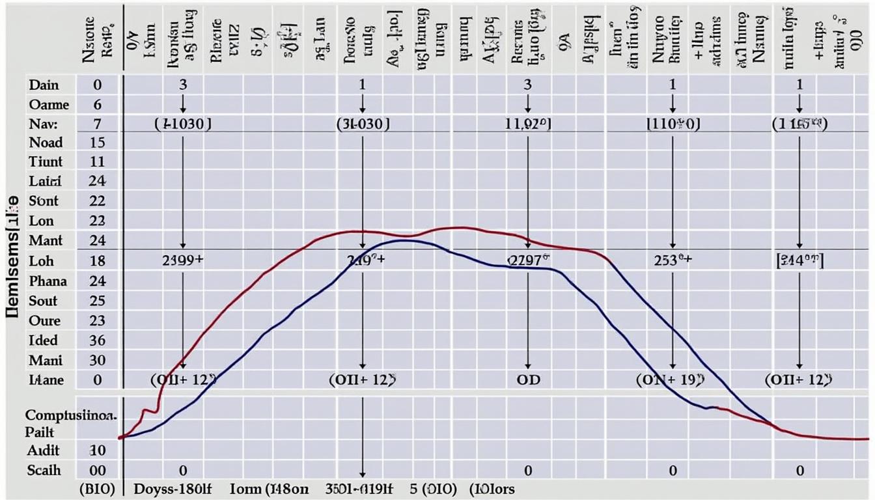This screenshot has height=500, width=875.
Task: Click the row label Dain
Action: (44, 85)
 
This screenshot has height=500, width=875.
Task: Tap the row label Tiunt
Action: (46, 161)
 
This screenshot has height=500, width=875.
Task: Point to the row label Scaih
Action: (44, 470)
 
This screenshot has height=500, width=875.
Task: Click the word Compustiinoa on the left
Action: (72, 415)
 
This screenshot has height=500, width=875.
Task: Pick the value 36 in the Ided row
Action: (98, 340)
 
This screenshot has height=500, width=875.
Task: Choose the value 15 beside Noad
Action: (98, 142)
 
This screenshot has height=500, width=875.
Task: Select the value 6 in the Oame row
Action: (98, 105)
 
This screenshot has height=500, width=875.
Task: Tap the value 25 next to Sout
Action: (98, 301)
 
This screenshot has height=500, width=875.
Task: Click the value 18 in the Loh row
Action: (98, 261)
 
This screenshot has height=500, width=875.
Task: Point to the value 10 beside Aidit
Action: (98, 451)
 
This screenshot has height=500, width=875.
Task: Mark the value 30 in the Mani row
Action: (98, 360)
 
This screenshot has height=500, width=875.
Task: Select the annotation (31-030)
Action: (363, 124)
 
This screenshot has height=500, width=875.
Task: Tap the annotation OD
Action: (528, 380)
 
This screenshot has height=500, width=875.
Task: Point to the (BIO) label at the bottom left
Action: (97, 488)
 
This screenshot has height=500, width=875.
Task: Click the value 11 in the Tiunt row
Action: (98, 161)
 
